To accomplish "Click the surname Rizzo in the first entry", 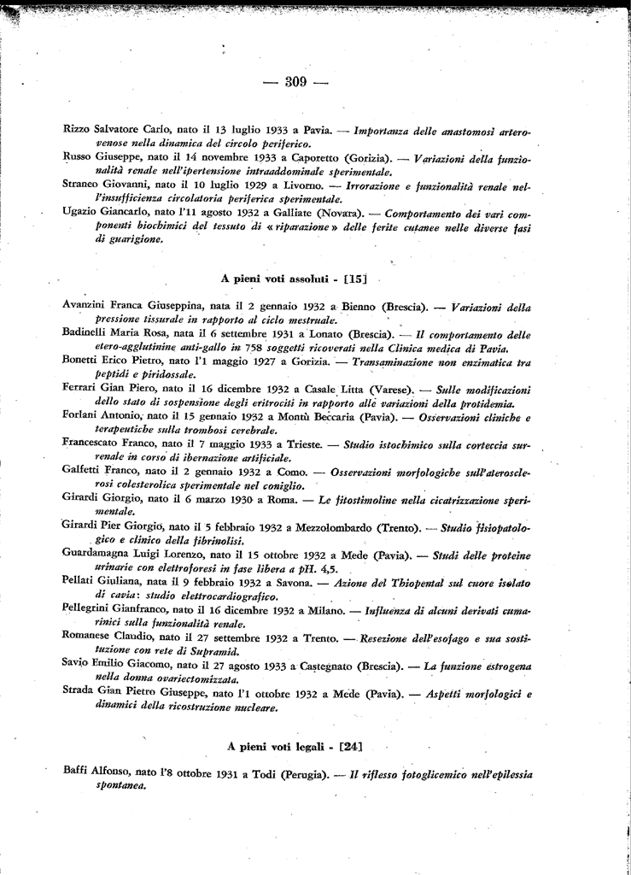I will (78, 128).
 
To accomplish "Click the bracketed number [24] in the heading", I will (350, 746).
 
